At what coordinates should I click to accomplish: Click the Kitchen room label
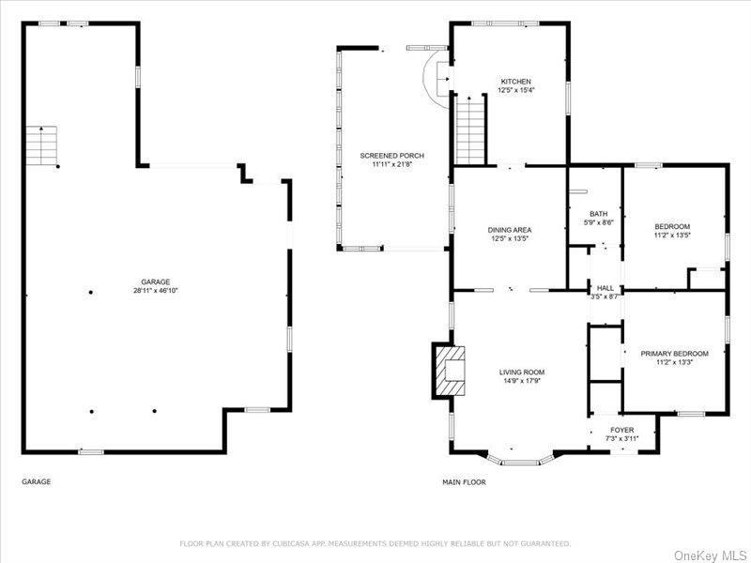[x=515, y=82]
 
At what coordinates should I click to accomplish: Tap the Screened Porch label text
[x=391, y=155]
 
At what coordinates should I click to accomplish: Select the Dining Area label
[x=509, y=230]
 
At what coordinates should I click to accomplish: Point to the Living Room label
[x=521, y=373]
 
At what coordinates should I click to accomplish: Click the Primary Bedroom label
[x=674, y=354]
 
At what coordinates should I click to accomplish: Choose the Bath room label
[x=598, y=214]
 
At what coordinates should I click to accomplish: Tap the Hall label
[x=605, y=288]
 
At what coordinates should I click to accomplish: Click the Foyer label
[x=622, y=430]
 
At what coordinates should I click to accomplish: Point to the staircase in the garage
[x=41, y=145]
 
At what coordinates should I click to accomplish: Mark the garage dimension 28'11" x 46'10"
[x=156, y=291]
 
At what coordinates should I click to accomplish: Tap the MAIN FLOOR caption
[x=464, y=481]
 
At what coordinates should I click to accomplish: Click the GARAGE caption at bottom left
[x=37, y=481]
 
